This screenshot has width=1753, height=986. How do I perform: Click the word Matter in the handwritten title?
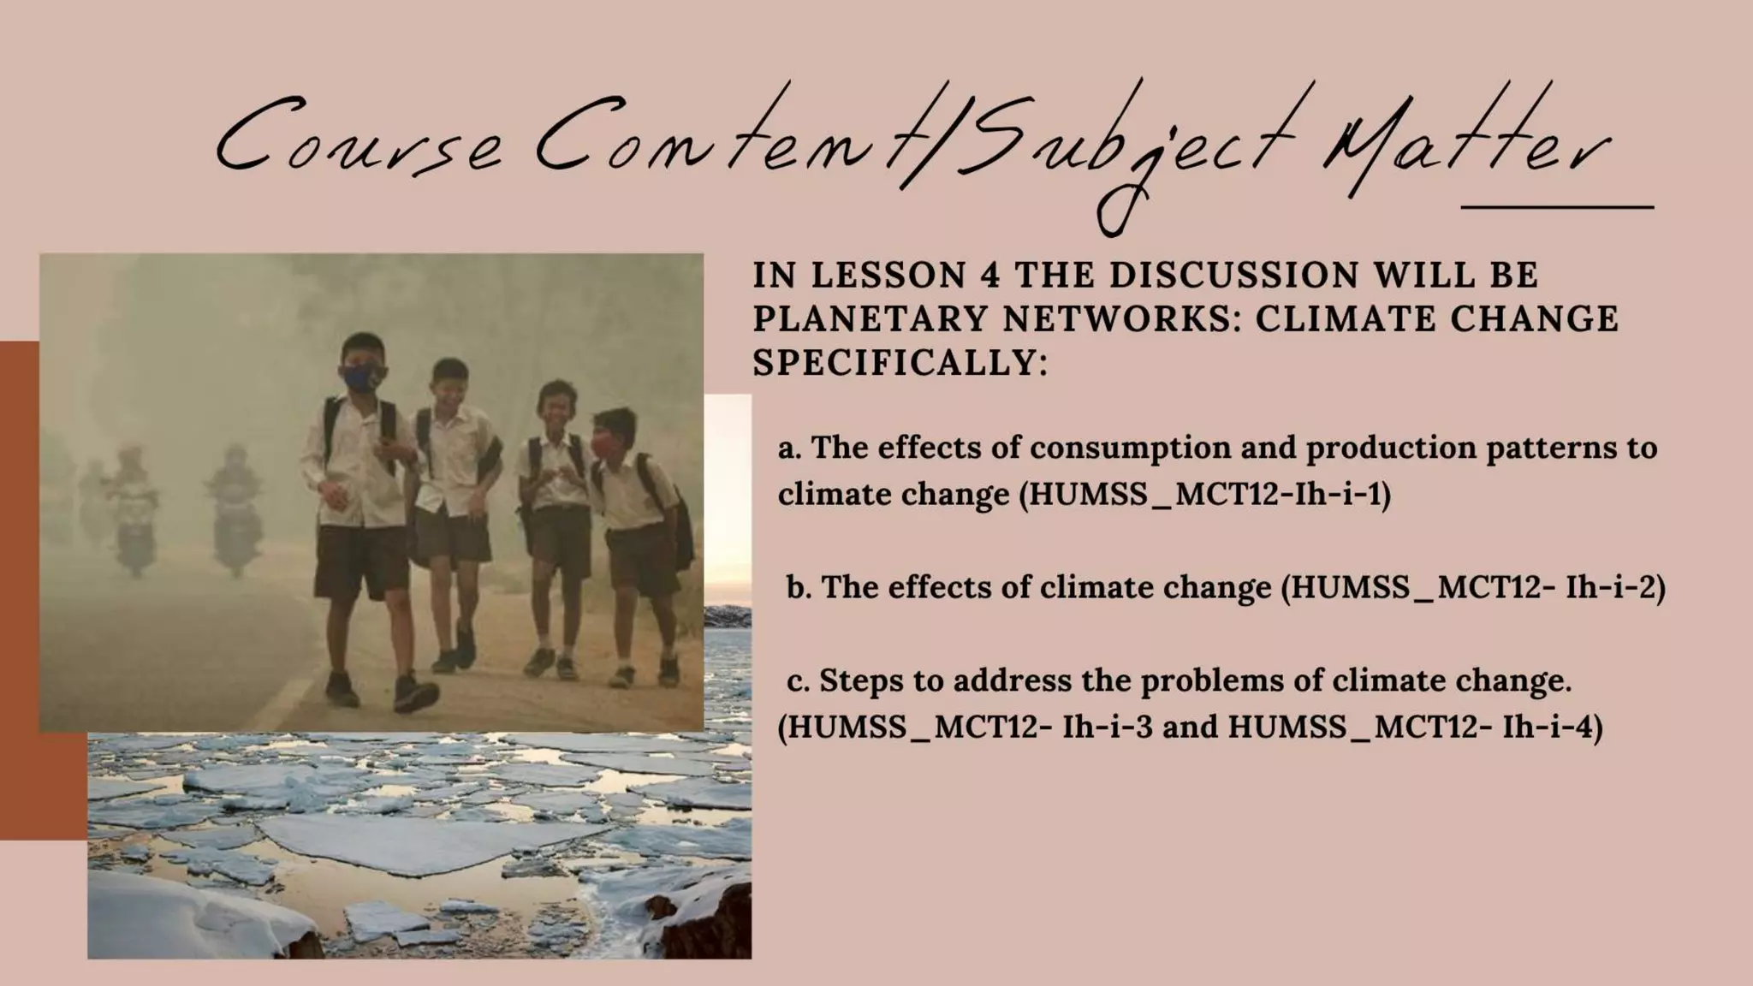click(1464, 154)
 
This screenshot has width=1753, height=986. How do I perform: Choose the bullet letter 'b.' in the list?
click(799, 588)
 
